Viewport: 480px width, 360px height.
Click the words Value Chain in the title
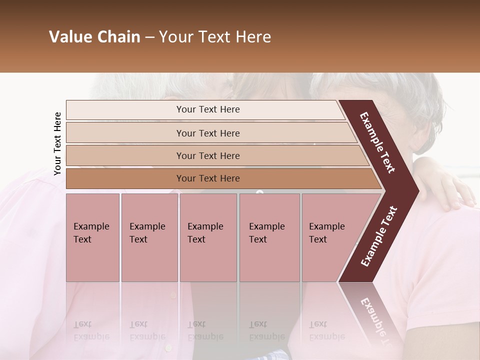[x=94, y=37]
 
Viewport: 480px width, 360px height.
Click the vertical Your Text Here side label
[x=57, y=143]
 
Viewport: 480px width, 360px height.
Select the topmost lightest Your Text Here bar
[x=207, y=109]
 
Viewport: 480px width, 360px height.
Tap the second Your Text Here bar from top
[x=207, y=133]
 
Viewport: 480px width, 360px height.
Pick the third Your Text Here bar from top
[x=207, y=155]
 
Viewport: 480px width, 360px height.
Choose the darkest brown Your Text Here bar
[x=207, y=178]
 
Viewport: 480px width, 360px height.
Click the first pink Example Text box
[x=92, y=237]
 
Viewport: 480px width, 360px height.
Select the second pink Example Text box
[x=149, y=237]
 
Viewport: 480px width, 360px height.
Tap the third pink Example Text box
[x=208, y=237]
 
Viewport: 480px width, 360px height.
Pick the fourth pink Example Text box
[x=269, y=237]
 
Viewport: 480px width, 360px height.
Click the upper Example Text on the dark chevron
[x=378, y=142]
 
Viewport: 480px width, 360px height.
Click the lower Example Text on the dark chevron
[x=379, y=236]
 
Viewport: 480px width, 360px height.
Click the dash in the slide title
[x=149, y=37]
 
